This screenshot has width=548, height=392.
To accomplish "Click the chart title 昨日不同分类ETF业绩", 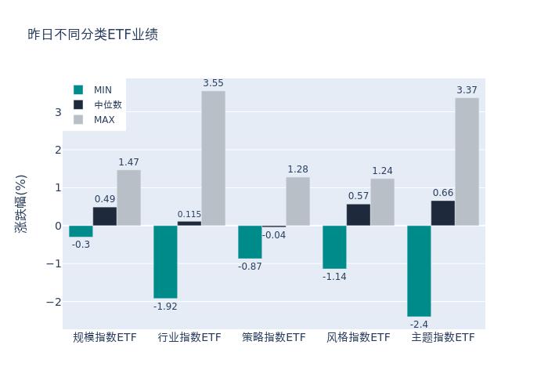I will click(x=93, y=34).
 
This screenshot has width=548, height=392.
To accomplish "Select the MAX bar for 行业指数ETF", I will click(x=213, y=158).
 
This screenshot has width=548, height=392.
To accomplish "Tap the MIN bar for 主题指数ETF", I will click(x=419, y=270).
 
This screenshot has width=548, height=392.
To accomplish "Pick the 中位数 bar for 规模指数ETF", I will click(x=105, y=216).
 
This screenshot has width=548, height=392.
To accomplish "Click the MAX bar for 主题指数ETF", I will click(x=467, y=162).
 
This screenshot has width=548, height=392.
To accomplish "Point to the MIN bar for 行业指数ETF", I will click(x=165, y=262).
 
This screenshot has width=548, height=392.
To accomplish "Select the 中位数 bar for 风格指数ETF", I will click(x=359, y=215).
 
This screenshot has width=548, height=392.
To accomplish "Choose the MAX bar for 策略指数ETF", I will click(x=297, y=201).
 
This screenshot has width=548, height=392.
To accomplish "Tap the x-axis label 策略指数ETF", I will click(x=274, y=338).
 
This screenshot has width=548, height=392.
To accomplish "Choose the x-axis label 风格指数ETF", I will click(x=359, y=338).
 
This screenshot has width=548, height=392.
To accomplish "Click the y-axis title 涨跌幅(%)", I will click(x=21, y=204).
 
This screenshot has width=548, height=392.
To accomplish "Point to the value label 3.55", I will click(x=213, y=83).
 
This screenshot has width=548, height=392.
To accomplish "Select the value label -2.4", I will click(x=419, y=325).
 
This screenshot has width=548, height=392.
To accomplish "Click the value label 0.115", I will click(x=189, y=214).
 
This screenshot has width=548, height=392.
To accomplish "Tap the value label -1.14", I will click(x=334, y=277).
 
